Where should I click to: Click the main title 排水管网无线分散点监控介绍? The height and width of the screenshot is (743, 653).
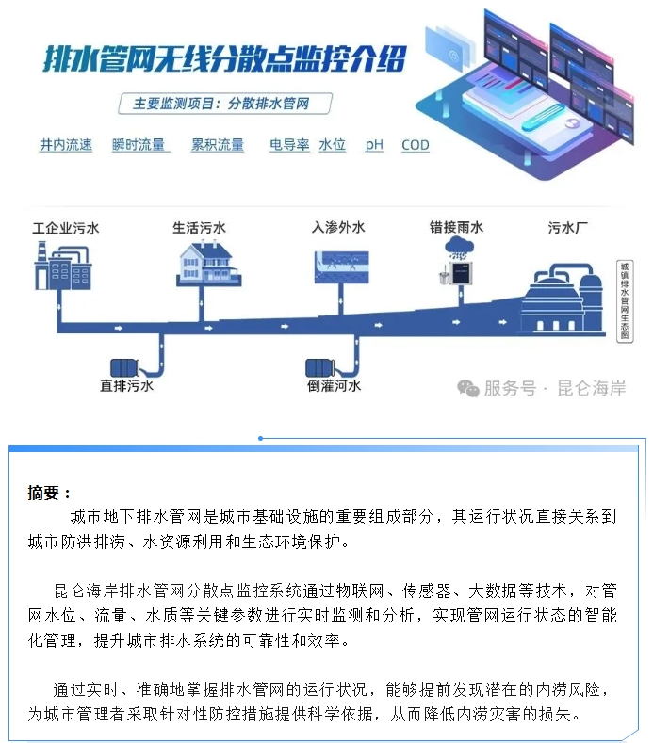click(225, 58)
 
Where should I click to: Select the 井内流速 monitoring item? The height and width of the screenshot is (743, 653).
click(66, 145)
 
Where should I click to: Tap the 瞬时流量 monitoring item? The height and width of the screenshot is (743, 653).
click(139, 145)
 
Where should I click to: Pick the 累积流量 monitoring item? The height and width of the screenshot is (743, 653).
click(218, 145)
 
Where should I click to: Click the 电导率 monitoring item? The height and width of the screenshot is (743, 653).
click(289, 145)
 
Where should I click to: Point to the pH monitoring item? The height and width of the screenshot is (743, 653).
click(375, 145)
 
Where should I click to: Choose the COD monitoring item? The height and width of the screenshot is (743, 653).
click(416, 145)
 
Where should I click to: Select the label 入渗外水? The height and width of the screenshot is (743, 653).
click(338, 228)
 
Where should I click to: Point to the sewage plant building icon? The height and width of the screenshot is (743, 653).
click(563, 292)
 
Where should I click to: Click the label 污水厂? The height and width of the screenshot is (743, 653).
click(568, 228)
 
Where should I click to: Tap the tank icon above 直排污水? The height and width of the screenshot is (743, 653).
click(126, 364)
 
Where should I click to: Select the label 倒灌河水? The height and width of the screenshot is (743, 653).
click(334, 385)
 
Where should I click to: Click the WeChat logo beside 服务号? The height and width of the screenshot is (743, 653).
click(468, 388)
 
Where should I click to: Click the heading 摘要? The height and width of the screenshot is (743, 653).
click(49, 493)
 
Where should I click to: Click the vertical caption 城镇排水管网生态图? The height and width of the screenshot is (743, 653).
click(624, 300)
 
